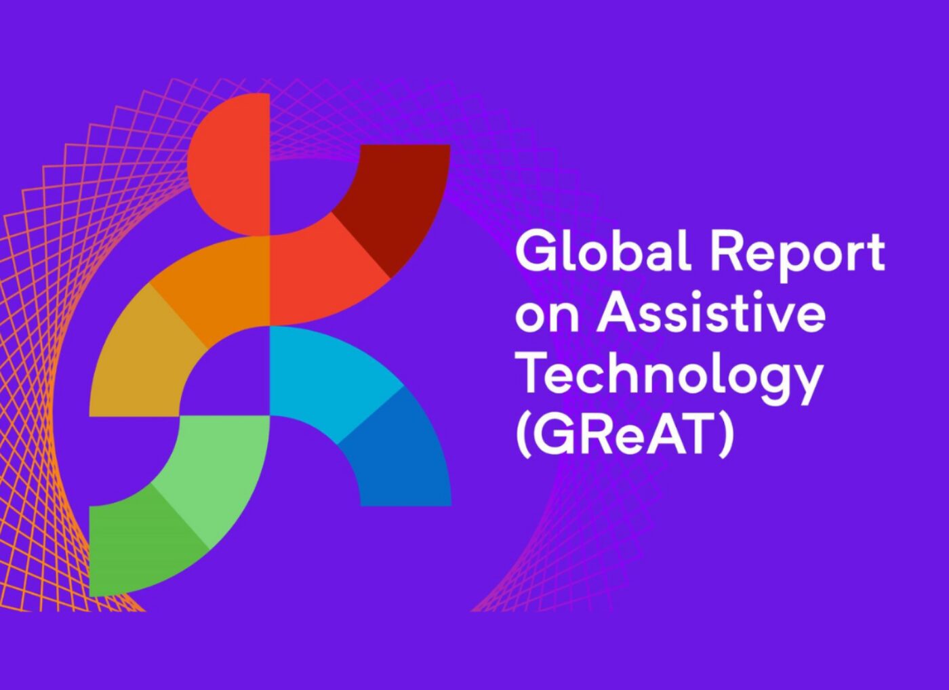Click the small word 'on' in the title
(546, 318)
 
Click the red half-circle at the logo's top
(229, 164)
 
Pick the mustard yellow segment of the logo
(144, 356)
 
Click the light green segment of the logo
(211, 474)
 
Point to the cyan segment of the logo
(331, 373)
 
